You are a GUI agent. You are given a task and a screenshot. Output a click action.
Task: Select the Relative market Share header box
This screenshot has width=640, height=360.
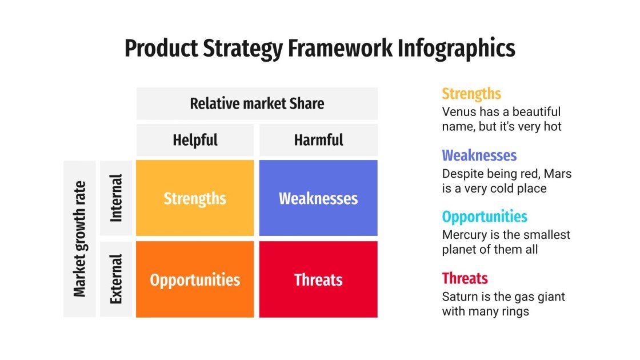click(x=257, y=103)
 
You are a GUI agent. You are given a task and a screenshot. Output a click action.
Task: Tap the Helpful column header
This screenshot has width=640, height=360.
click(x=195, y=140)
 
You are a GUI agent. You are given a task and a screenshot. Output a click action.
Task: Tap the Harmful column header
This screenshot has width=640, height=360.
click(x=318, y=140)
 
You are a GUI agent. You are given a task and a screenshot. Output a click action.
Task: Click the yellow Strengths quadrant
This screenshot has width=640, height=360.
click(x=195, y=198)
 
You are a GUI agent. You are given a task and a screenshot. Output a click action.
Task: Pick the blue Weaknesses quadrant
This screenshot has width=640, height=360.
click(x=318, y=198)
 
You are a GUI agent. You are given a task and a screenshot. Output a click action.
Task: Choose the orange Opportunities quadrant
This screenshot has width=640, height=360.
click(x=195, y=279)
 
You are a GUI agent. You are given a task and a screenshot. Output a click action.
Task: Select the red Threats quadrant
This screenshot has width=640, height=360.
click(x=318, y=279)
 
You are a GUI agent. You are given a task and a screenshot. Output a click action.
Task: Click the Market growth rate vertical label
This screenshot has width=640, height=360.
click(x=79, y=239)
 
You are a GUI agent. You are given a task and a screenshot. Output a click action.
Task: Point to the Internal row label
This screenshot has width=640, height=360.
click(x=116, y=198)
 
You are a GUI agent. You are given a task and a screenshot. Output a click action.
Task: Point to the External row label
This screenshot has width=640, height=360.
click(x=116, y=279)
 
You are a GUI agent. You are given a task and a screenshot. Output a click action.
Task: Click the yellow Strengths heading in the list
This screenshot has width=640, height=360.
click(x=471, y=94)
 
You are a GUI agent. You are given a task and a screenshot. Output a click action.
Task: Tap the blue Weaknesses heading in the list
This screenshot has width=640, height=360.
click(x=479, y=155)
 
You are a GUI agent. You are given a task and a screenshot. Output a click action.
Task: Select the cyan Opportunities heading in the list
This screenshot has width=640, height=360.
click(x=485, y=217)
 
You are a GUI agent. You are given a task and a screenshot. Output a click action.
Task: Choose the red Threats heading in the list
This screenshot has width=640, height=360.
click(x=465, y=279)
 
